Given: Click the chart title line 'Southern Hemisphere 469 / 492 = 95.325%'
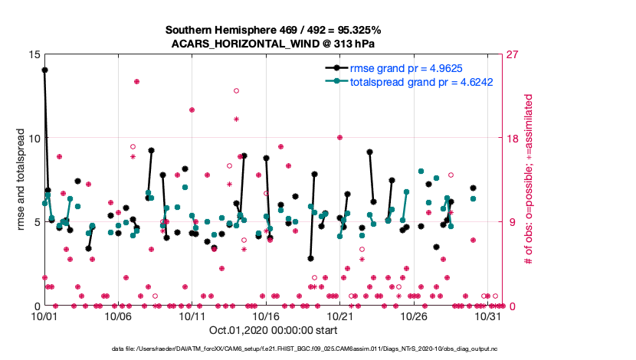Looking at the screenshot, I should [x=274, y=30].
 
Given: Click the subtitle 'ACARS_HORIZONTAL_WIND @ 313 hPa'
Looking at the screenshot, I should [x=274, y=44].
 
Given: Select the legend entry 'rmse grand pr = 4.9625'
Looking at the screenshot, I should [x=405, y=67].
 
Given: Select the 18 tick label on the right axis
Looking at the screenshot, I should [x=508, y=138].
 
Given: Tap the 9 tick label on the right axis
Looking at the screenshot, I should [x=506, y=222].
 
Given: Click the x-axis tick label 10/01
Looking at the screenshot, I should [x=44, y=316].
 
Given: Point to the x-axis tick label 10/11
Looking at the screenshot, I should [x=192, y=316].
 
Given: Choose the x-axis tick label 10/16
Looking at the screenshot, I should [x=267, y=316].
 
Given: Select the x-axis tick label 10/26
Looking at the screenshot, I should [x=415, y=316].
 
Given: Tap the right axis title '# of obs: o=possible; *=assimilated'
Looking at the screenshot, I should [x=528, y=180].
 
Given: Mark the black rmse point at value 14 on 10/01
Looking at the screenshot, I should [x=44, y=70].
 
